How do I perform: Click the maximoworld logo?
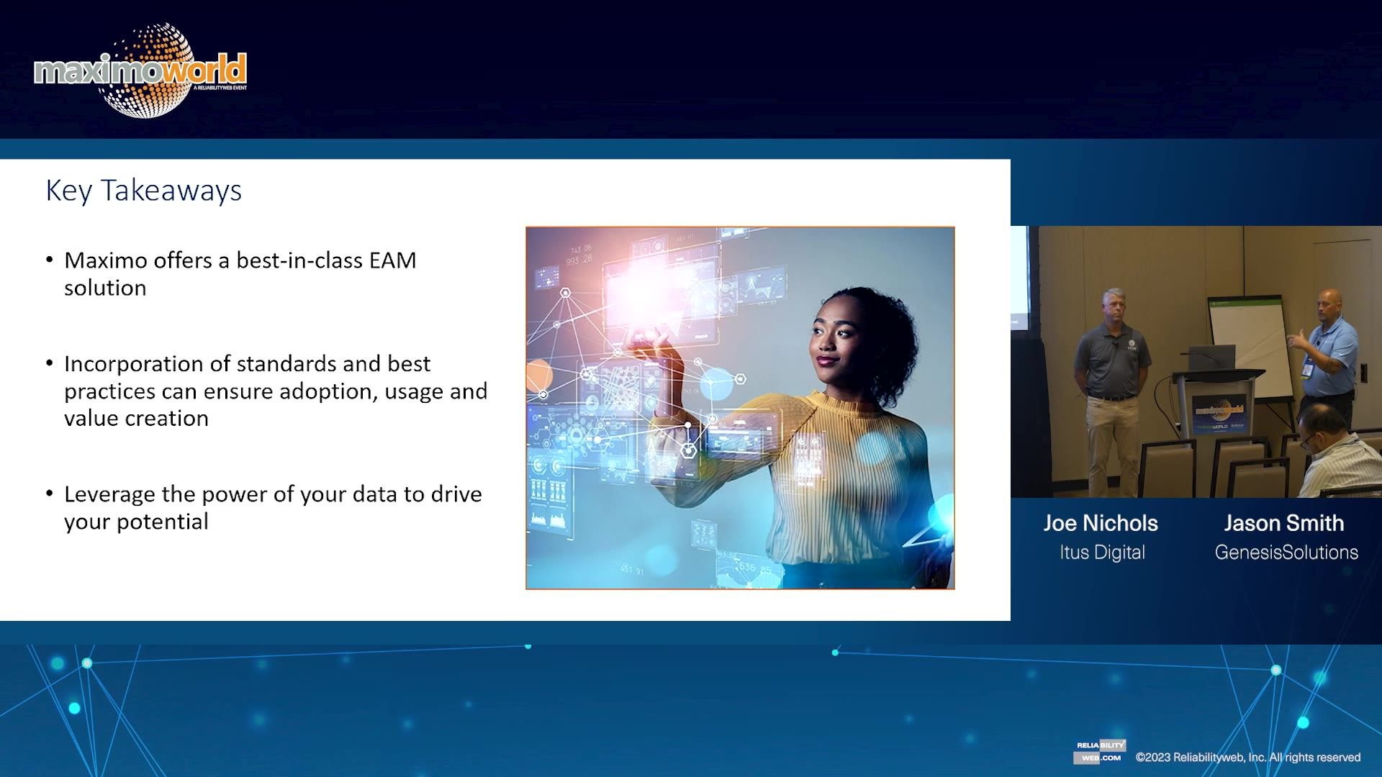coord(140,71)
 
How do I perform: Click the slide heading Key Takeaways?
coord(143,191)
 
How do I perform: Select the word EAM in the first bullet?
coord(392,260)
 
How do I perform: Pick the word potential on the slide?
coord(162,522)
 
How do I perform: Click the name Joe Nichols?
coord(1101,523)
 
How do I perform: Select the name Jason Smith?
coord(1284,523)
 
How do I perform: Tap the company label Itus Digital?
coord(1102,553)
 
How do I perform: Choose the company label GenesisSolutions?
coord(1286,553)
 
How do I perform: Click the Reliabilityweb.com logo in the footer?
coord(1100,751)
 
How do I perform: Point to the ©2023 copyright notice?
coord(1247,757)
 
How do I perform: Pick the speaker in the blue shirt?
coord(1328,353)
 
